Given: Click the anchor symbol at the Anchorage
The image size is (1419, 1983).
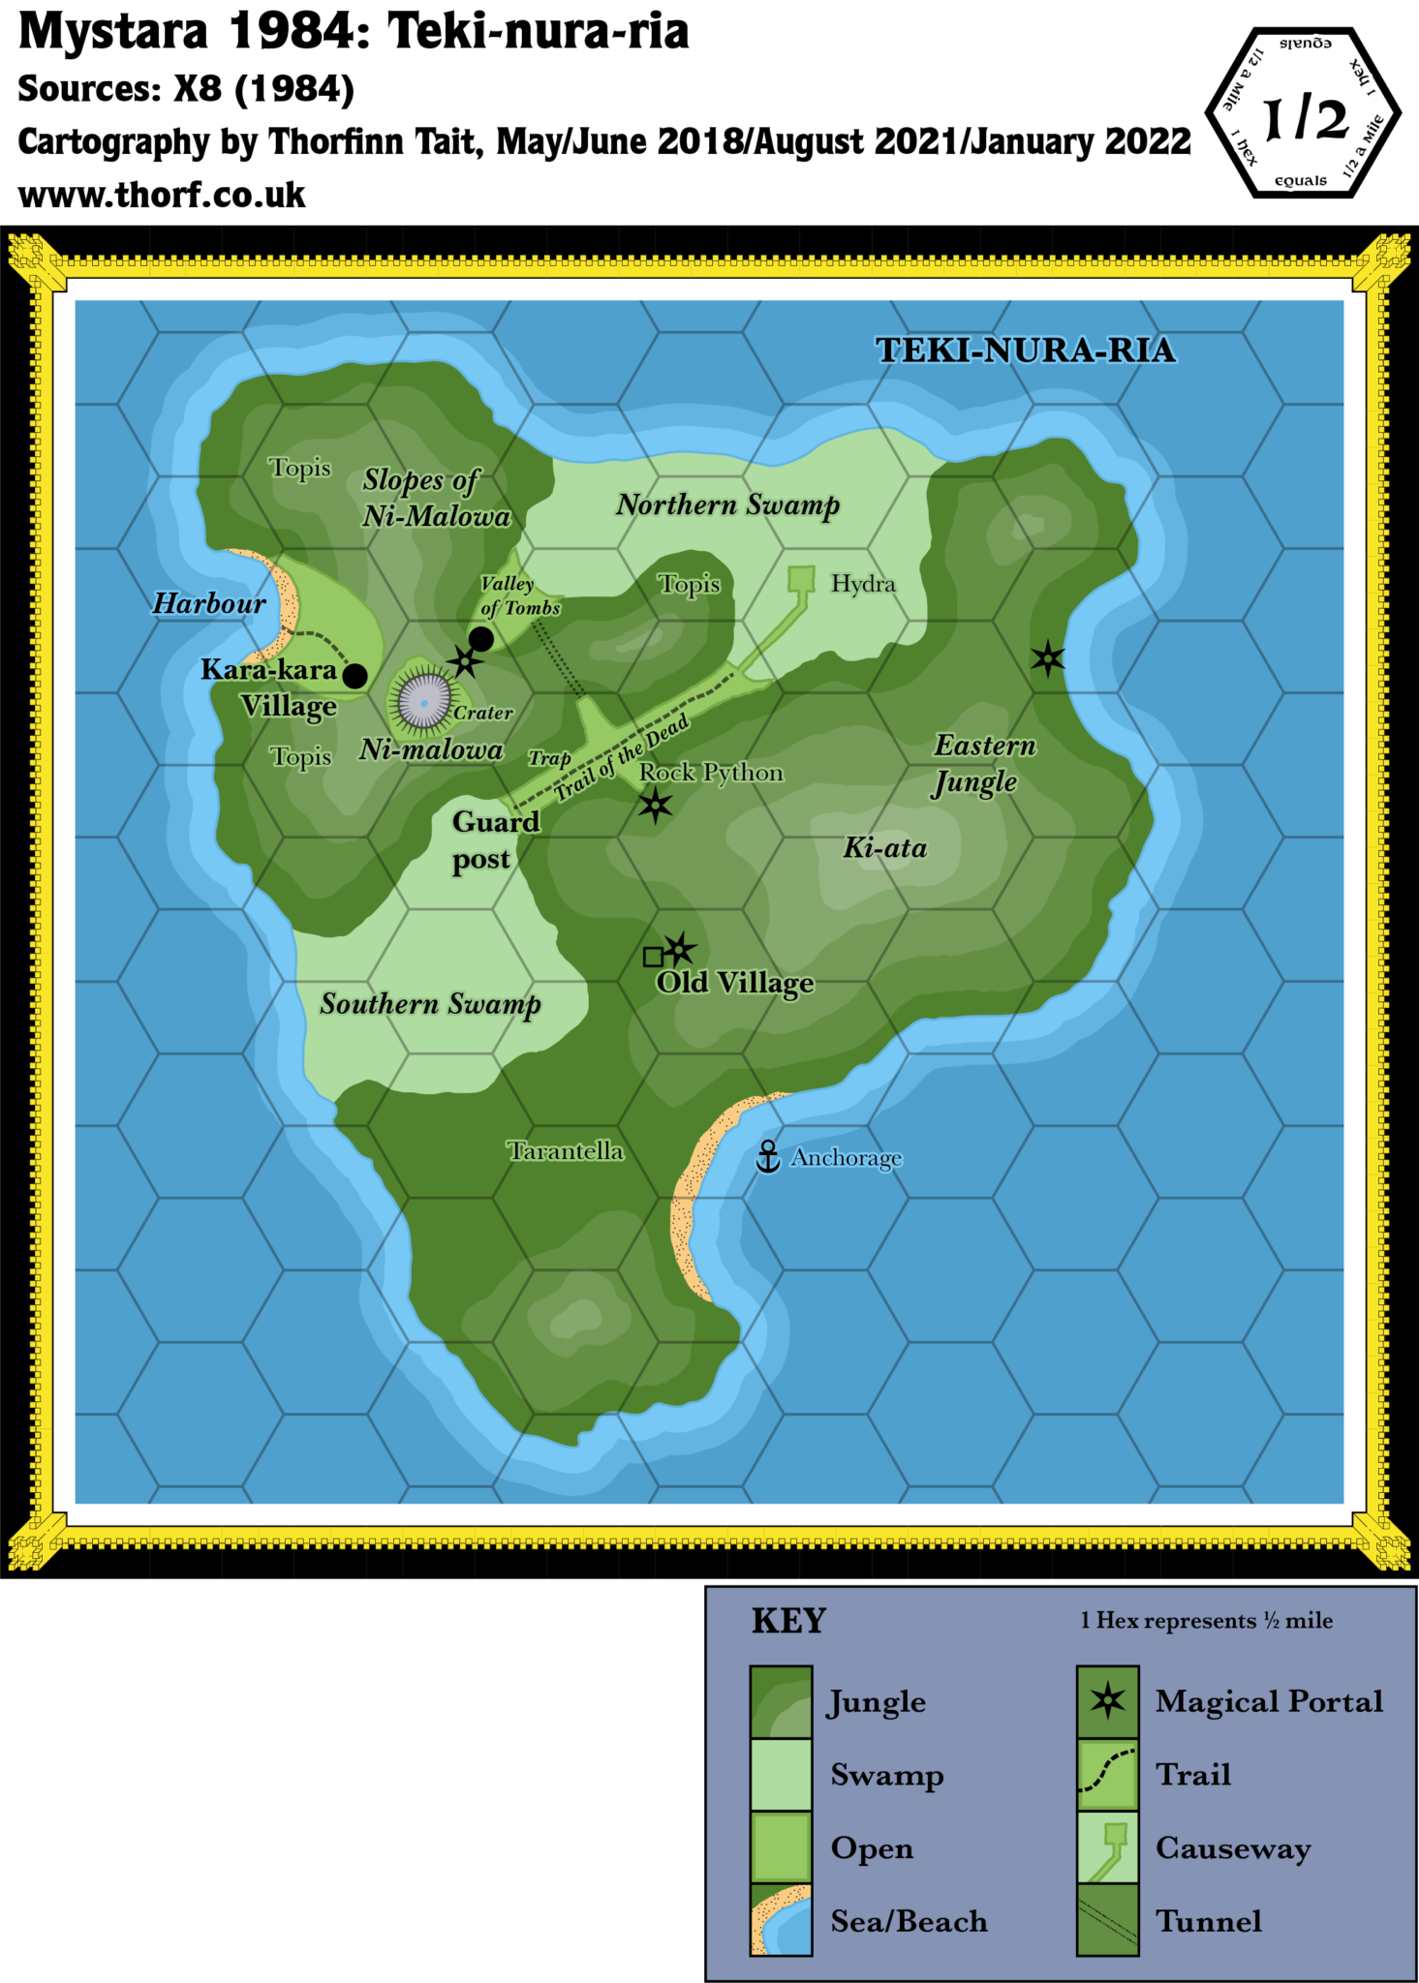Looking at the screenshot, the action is (x=768, y=1156).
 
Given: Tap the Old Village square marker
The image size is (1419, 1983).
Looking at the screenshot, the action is (x=654, y=957).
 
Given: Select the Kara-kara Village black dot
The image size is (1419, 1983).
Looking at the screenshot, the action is (x=355, y=676).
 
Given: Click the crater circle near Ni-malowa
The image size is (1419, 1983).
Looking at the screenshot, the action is (x=424, y=701).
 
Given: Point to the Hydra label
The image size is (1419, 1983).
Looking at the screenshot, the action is (x=863, y=584).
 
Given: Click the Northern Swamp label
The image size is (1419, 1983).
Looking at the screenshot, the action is (x=727, y=505).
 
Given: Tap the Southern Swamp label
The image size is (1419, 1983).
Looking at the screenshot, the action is (x=430, y=1005).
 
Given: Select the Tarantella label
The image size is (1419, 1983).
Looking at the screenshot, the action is (x=566, y=1150).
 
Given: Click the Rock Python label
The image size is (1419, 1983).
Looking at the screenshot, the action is (x=711, y=773).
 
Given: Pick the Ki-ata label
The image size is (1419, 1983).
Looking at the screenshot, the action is (x=885, y=848).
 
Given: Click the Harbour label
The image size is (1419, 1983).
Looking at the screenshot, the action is (x=209, y=604).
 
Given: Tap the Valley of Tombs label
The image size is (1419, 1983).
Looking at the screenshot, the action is (x=519, y=595).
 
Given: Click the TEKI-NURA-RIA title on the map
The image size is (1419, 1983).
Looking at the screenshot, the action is (x=1025, y=351).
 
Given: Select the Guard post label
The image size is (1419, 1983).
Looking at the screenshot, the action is (x=494, y=840).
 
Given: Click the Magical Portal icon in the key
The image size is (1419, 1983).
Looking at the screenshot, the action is (x=1108, y=1701).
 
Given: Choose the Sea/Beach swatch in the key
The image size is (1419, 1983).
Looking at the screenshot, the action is (x=781, y=1920).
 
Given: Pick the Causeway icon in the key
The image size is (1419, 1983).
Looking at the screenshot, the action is (x=1108, y=1847).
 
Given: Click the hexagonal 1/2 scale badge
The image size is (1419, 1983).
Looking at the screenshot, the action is (x=1304, y=114).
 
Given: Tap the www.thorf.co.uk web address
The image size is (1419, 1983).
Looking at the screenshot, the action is (x=163, y=196).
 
